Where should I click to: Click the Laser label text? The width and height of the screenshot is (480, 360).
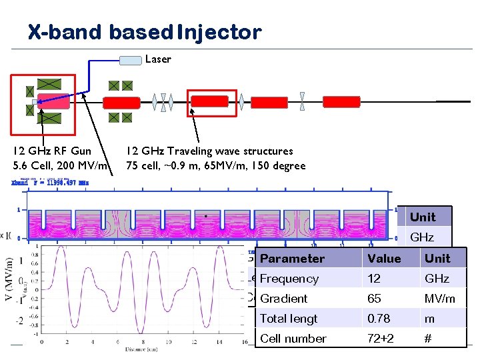click(x=158, y=59)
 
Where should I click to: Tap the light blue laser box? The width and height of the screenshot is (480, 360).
click(x=131, y=61)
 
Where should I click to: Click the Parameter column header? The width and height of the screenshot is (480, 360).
click(x=292, y=259)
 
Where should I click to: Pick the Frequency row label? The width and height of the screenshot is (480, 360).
click(x=289, y=279)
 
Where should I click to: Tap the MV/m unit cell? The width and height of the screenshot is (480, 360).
click(x=439, y=299)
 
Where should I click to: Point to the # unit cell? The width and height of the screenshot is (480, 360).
click(x=429, y=339)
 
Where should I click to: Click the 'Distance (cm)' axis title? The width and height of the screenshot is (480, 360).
click(x=143, y=349)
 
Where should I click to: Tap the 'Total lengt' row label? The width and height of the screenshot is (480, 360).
click(x=289, y=319)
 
